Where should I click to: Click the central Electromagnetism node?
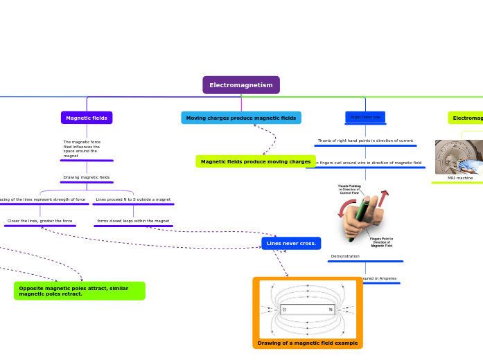[241, 85]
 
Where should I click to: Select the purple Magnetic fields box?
[87, 118]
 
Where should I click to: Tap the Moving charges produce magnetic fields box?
[241, 118]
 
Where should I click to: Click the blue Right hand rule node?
[365, 118]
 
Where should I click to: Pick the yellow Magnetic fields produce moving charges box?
[256, 162]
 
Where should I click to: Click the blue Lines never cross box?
[291, 244]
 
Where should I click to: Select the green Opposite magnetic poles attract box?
[79, 291]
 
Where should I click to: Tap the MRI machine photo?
[459, 157]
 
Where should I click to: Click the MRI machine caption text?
[460, 178]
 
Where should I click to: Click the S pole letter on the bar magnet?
[284, 309]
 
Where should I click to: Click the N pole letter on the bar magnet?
[331, 309]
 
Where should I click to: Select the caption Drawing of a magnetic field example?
[308, 343]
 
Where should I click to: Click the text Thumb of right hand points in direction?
[365, 141]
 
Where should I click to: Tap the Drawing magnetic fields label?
[87, 177]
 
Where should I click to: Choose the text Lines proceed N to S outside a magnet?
[133, 199]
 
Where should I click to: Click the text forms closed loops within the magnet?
[133, 221]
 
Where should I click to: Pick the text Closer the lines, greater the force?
[39, 221]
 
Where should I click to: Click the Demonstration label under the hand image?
[345, 256]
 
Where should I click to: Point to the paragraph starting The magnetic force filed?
[82, 149]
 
